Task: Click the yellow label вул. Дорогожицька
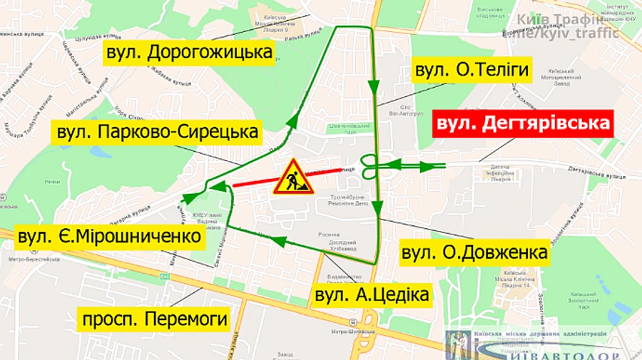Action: coord(189,53)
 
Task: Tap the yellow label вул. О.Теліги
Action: coord(471,70)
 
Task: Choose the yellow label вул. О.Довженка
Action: coord(474,253)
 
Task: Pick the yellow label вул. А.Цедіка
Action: coord(372,294)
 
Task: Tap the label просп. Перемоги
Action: coord(155,319)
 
